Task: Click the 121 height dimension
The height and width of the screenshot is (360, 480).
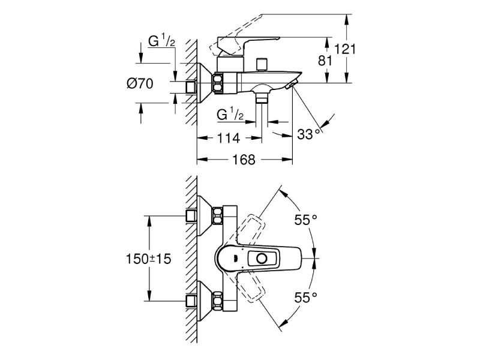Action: click(x=346, y=49)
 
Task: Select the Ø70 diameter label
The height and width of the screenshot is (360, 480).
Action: click(x=140, y=85)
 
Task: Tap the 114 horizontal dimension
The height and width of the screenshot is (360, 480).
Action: click(x=228, y=139)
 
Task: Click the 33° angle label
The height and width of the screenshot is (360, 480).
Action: click(x=309, y=134)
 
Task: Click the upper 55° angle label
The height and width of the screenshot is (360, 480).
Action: click(x=305, y=220)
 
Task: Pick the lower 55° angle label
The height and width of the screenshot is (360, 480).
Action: click(x=305, y=296)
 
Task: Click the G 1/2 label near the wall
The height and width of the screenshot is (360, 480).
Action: click(x=161, y=41)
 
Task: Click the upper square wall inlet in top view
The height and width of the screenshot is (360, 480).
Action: click(x=192, y=216)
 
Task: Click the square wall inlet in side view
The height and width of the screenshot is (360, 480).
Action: click(x=192, y=87)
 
